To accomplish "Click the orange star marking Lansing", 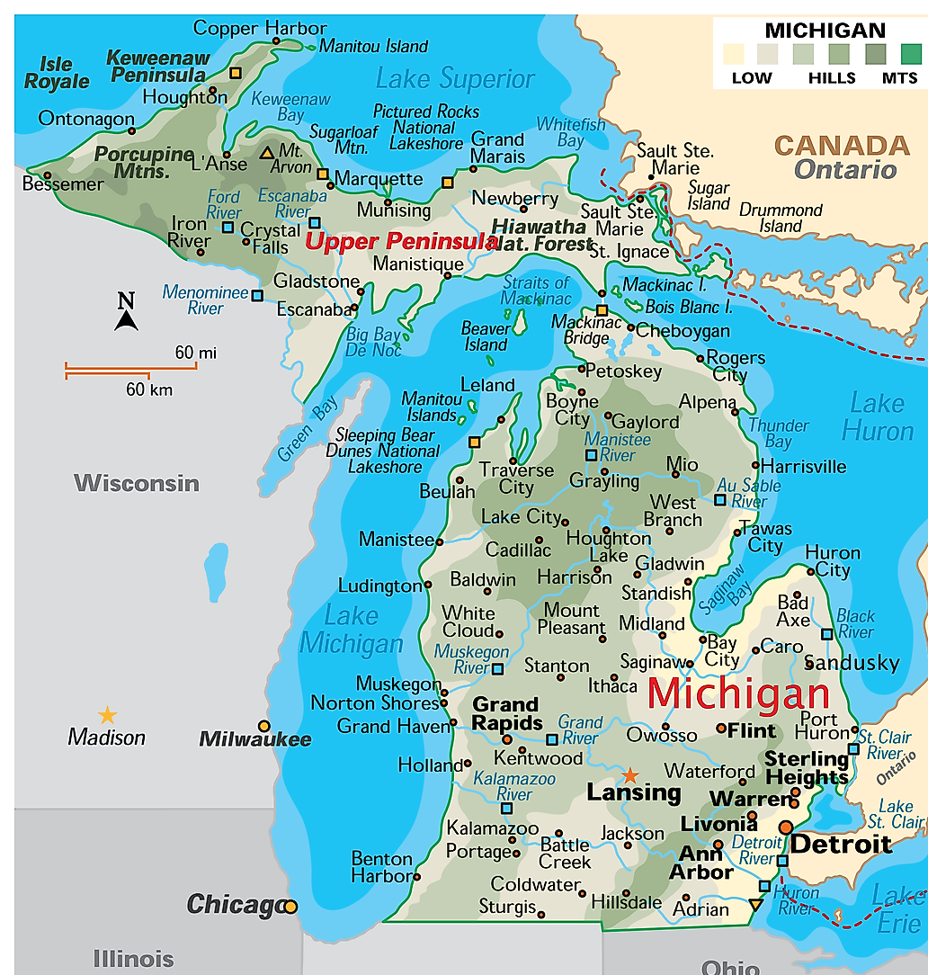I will click(x=630, y=774).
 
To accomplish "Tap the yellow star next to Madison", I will click(x=107, y=715).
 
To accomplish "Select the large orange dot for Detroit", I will click(x=786, y=827).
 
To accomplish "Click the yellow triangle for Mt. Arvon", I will click(x=267, y=153).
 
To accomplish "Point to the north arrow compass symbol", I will click(x=127, y=312).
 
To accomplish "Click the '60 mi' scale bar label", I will click(x=195, y=353).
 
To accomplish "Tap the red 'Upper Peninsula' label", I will click(x=401, y=241).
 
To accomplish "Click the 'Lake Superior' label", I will click(x=455, y=79).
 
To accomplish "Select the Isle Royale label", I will click(x=56, y=73).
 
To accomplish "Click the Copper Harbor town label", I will click(x=247, y=28).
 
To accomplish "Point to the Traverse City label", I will click(x=516, y=479).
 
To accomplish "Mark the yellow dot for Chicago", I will click(x=290, y=907).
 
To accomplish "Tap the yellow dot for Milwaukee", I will click(x=263, y=726).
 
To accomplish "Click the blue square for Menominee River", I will click(x=257, y=295).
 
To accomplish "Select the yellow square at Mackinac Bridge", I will click(x=602, y=310).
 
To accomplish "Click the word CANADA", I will click(x=842, y=145).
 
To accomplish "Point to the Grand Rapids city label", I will click(x=506, y=713).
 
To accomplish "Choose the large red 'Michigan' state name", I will click(x=737, y=693).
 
